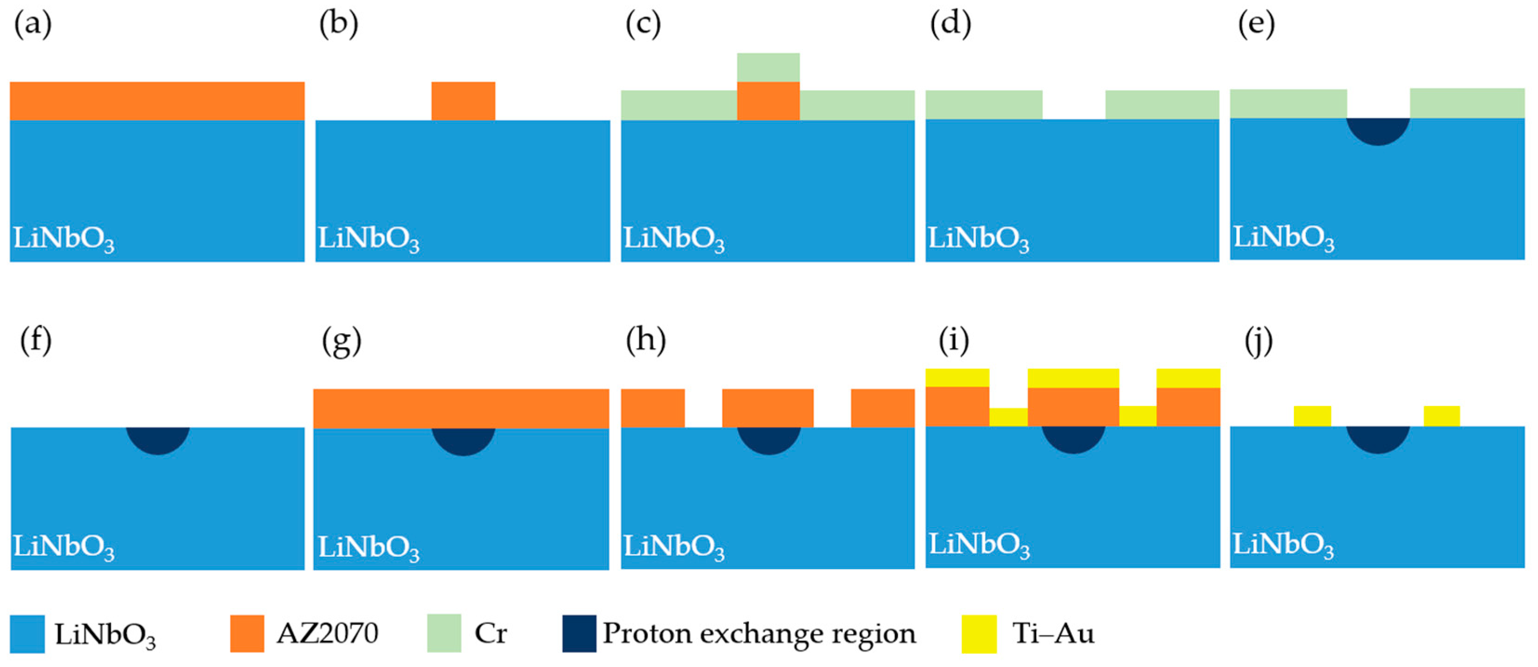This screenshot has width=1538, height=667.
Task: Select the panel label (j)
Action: (1259, 342)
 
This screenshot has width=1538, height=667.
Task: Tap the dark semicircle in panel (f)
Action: (158, 439)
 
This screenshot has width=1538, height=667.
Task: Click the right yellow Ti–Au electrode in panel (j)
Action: (1441, 416)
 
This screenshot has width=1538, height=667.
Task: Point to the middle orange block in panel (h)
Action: (767, 408)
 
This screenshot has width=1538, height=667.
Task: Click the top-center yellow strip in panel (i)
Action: (1073, 377)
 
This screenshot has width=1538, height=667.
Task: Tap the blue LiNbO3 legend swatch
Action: (27, 634)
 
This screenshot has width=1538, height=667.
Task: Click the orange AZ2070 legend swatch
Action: (247, 633)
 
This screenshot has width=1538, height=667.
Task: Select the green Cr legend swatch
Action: (444, 633)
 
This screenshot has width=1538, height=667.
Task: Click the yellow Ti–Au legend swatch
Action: (979, 634)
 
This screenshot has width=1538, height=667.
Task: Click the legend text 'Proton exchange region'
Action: (759, 633)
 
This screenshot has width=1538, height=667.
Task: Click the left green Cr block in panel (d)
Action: (983, 105)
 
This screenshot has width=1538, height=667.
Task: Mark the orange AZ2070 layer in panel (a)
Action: (157, 101)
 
